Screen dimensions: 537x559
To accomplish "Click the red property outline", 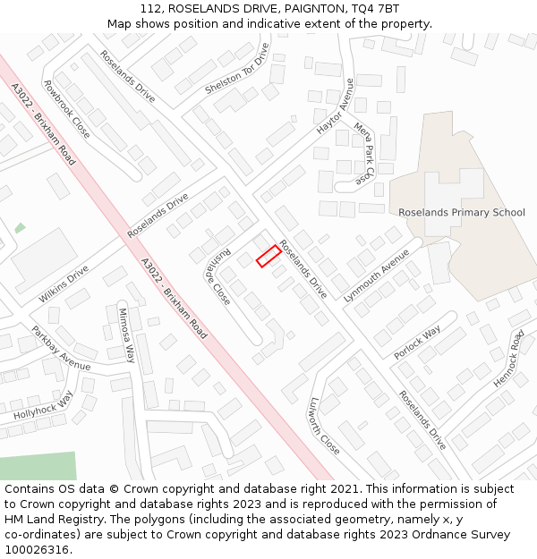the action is (x=269, y=256).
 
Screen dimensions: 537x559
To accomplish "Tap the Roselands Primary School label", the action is (x=462, y=212).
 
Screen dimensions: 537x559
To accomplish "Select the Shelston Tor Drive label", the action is (x=236, y=69).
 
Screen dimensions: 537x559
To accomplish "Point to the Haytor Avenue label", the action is (x=336, y=106).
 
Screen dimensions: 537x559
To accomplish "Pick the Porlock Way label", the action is (x=417, y=343).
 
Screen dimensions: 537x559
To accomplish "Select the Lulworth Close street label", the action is (x=324, y=425).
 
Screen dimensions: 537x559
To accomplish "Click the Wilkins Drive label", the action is (x=64, y=284).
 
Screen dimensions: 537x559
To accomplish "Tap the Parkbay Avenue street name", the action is (x=61, y=348).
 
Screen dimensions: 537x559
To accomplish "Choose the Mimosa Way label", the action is (x=126, y=335).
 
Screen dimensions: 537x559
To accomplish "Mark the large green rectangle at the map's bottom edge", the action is (x=38, y=466).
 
